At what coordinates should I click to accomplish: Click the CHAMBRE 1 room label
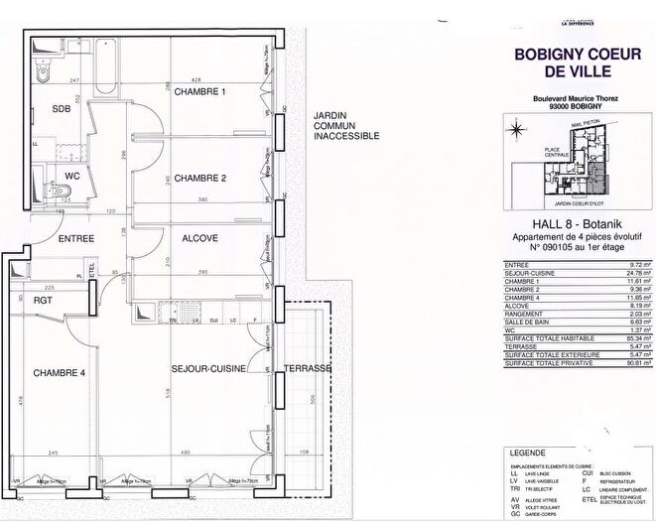pyautogui.click(x=200, y=93)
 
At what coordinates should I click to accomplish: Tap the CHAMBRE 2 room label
pyautogui.click(x=200, y=179)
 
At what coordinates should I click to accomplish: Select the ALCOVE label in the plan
pyautogui.click(x=199, y=239)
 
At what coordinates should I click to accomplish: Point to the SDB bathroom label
pyautogui.click(x=62, y=110)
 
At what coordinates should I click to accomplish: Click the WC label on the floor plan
pyautogui.click(x=71, y=177)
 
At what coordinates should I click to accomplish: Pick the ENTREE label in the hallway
pyautogui.click(x=76, y=239)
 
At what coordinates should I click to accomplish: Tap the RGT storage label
pyautogui.click(x=43, y=299)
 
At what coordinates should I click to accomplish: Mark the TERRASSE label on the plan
pyautogui.click(x=308, y=369)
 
